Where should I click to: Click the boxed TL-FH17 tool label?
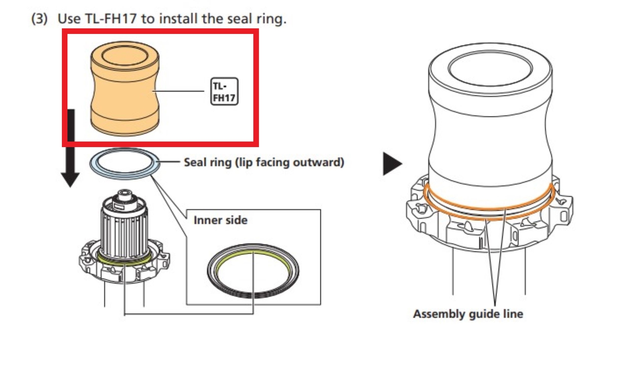(x=224, y=91)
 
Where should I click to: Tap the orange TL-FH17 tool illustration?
(x=125, y=88)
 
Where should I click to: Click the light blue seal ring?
(x=125, y=164)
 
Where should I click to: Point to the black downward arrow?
(x=71, y=148)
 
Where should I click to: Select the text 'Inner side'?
(x=220, y=220)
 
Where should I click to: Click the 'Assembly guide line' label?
(x=468, y=314)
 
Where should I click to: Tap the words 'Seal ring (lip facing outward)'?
(x=264, y=162)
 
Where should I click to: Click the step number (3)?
(x=39, y=19)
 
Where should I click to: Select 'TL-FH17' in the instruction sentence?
(x=111, y=19)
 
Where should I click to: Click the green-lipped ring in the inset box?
(x=253, y=271)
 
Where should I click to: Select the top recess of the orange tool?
(x=125, y=55)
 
